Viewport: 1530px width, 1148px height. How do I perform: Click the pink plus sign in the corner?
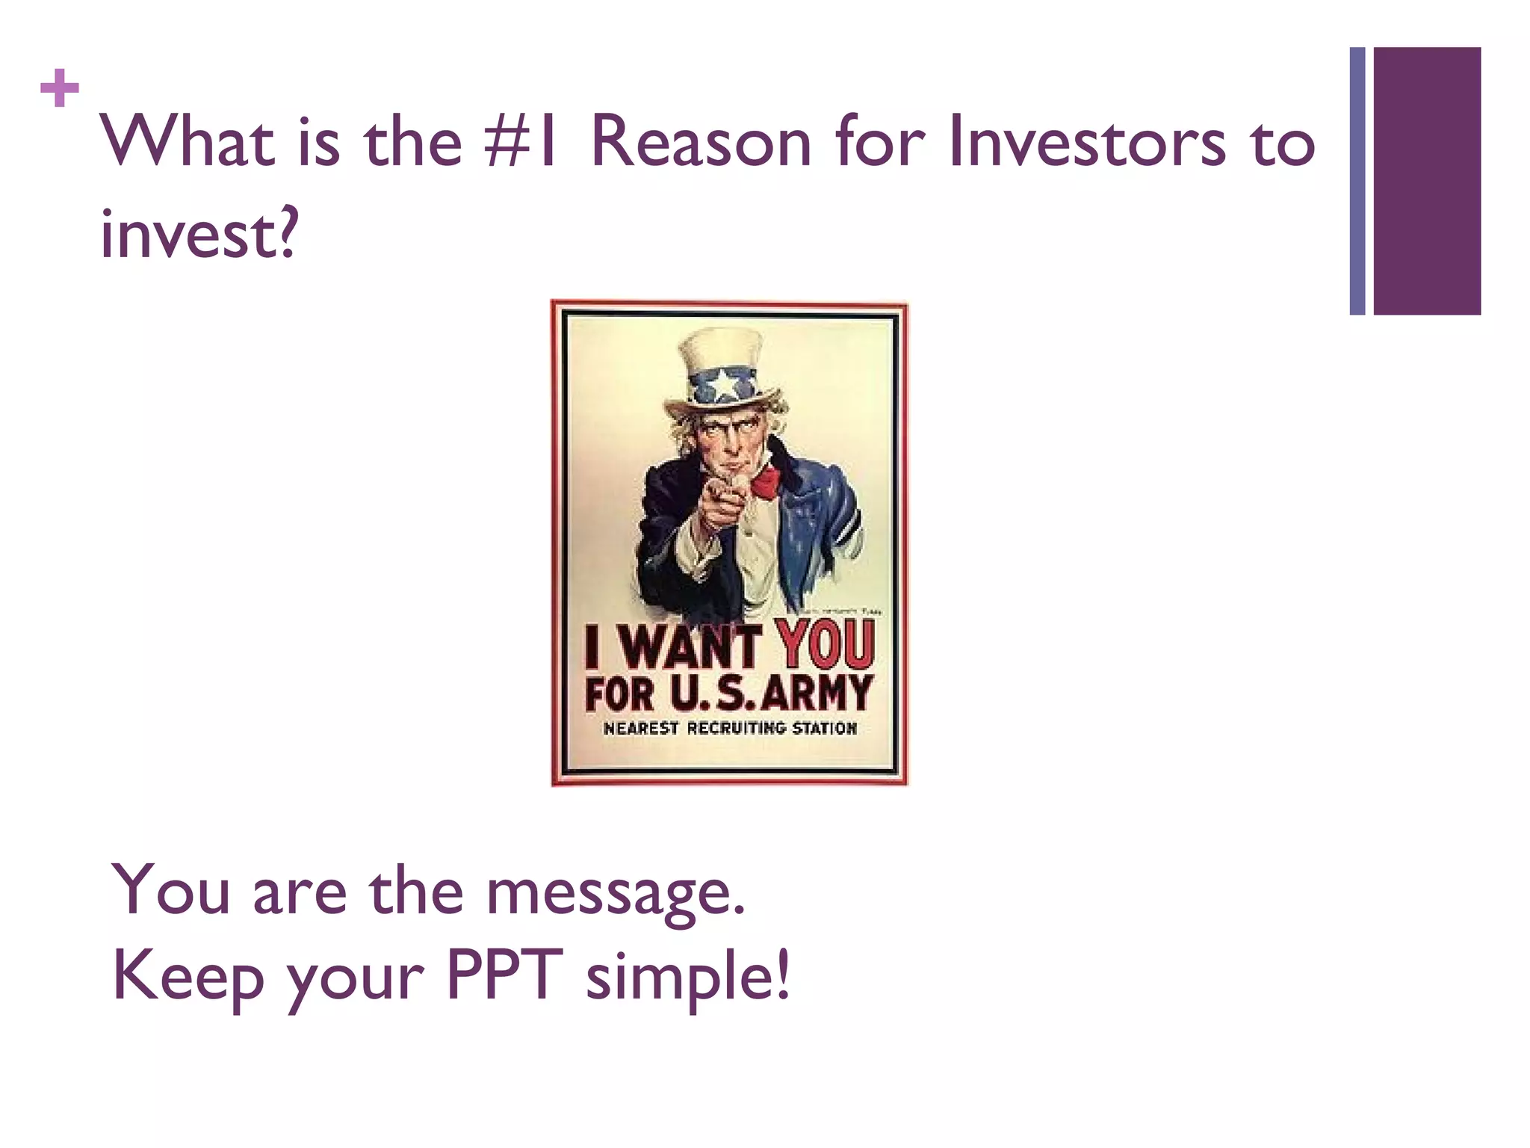point(60,88)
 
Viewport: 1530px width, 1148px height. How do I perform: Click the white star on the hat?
point(725,385)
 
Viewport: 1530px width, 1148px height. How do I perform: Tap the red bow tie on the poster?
point(765,481)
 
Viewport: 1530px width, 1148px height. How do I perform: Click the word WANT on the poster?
point(691,647)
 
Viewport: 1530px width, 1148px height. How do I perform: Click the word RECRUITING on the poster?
point(736,728)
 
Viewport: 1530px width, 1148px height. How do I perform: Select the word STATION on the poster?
point(824,728)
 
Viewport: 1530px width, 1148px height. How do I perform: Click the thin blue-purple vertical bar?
point(1357,181)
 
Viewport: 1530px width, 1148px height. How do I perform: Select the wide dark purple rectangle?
point(1427,181)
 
